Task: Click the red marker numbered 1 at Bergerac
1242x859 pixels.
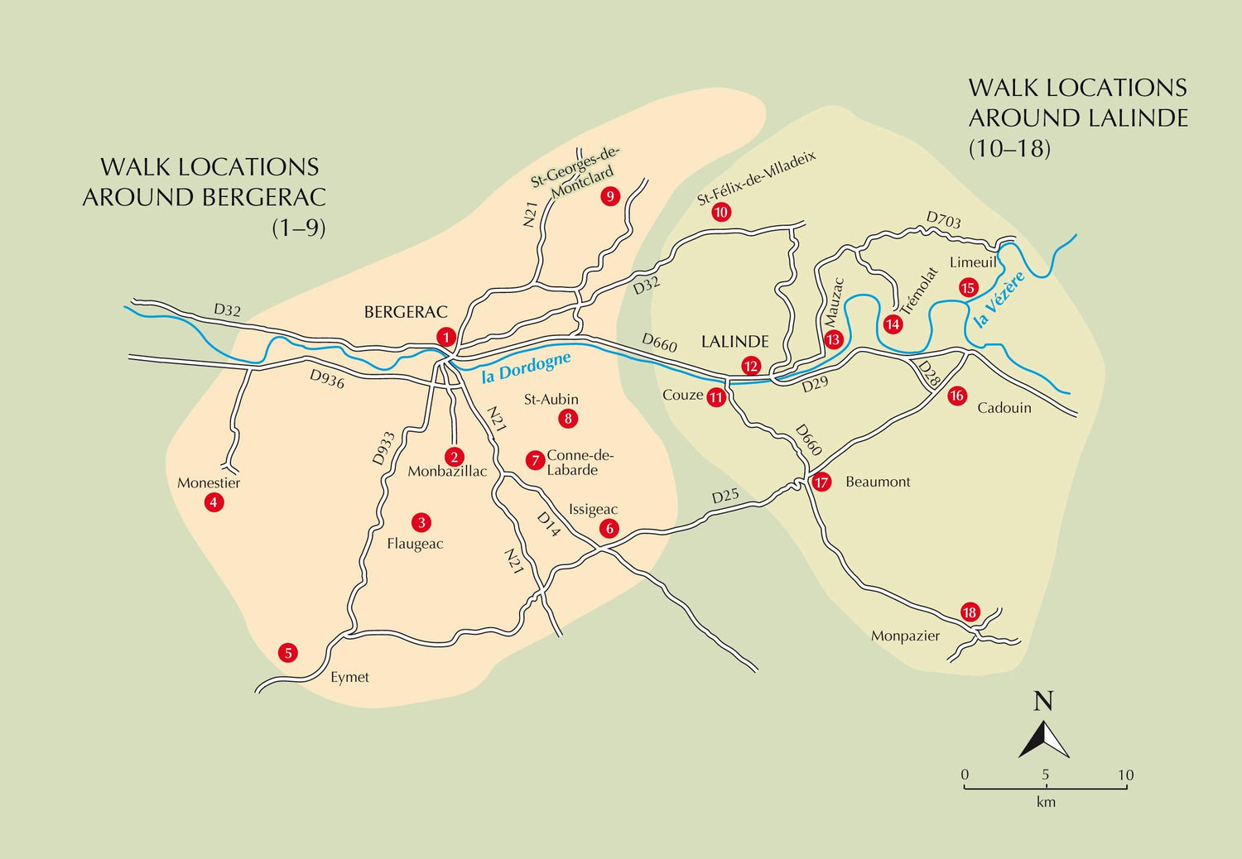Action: click(x=446, y=337)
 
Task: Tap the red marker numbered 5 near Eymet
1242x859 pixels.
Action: click(x=288, y=653)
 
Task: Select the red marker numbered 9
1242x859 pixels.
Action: click(x=610, y=196)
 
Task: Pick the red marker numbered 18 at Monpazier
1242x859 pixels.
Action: click(x=970, y=612)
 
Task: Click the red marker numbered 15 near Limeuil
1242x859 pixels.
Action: click(x=968, y=287)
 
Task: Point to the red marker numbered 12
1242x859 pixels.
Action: click(x=751, y=366)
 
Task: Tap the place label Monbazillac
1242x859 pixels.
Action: click(x=447, y=472)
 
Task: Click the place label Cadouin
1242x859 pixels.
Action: click(x=1004, y=407)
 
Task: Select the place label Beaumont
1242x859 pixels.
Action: click(x=878, y=482)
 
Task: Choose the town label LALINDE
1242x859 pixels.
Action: click(x=734, y=341)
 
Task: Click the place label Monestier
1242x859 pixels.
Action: click(x=209, y=482)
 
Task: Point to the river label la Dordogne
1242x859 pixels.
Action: click(x=526, y=367)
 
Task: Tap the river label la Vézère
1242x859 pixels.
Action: click(x=999, y=299)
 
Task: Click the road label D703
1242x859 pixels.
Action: click(x=943, y=220)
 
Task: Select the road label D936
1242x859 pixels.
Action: click(x=327, y=378)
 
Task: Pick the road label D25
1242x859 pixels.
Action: click(x=725, y=497)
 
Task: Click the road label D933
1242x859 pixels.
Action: click(x=383, y=448)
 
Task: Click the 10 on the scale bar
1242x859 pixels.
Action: click(x=1125, y=775)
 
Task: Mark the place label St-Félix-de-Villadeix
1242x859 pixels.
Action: click(x=756, y=178)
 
